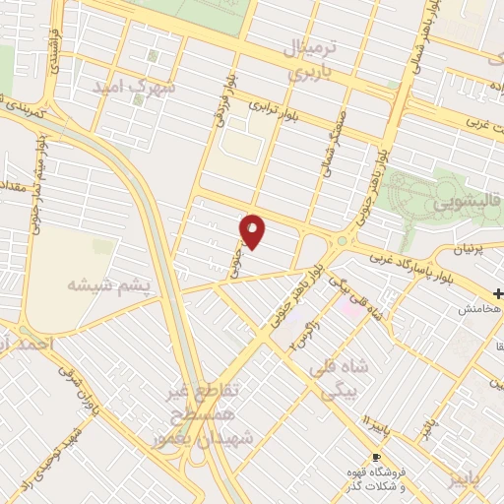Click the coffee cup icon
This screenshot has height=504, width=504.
click(x=375, y=458)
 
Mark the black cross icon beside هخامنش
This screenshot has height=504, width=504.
click(x=498, y=294)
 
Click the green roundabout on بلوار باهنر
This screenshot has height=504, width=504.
click(x=342, y=240)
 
